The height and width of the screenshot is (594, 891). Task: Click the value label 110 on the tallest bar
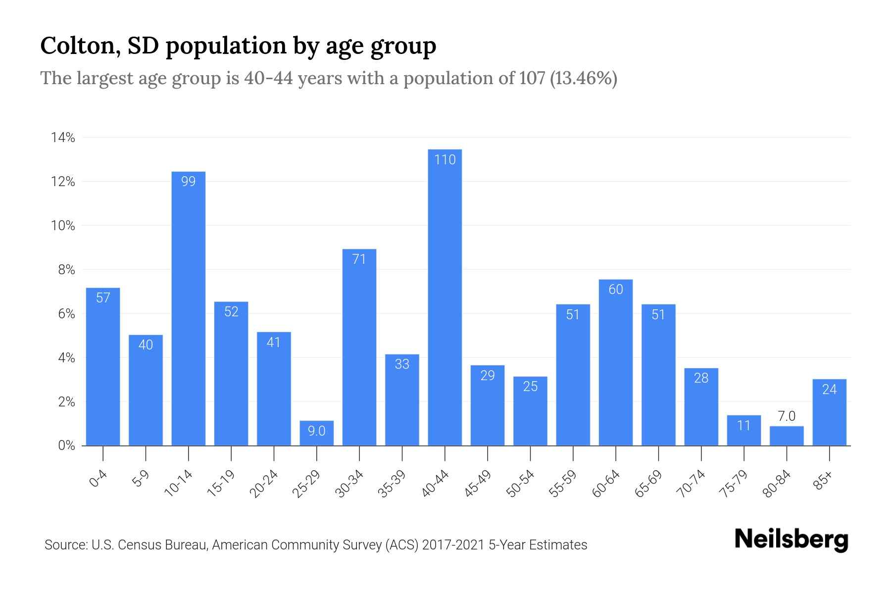[445, 160]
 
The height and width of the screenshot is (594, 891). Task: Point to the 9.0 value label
[316, 431]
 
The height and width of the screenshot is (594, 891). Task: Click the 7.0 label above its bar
[787, 416]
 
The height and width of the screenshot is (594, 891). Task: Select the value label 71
[359, 259]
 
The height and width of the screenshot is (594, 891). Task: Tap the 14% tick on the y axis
[63, 138]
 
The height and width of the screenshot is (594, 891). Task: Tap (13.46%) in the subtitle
[583, 78]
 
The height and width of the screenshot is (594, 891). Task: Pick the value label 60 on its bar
[615, 290]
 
